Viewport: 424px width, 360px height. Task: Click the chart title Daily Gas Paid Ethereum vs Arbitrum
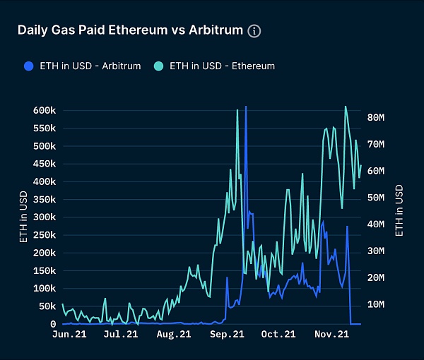130,30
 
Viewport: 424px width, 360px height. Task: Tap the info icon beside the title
254,31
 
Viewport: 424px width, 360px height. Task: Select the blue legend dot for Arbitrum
28,66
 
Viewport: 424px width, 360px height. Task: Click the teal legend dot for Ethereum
158,66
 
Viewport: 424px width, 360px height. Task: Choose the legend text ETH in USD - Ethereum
222,66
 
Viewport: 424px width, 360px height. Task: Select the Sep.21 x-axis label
226,335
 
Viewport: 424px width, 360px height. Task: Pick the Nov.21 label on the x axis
331,335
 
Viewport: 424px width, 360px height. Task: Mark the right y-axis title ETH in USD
401,210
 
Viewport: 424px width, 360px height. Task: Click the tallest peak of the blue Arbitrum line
245,108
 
